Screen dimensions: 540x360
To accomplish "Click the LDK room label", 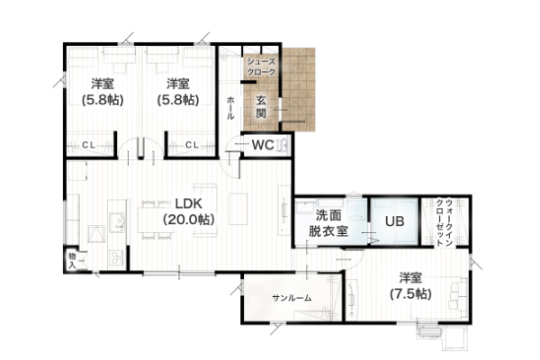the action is click(x=188, y=203).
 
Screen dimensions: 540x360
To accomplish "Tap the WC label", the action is click(x=263, y=145).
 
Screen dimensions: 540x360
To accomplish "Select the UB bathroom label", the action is click(x=395, y=221).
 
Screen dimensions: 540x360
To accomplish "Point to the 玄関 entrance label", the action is click(x=261, y=106).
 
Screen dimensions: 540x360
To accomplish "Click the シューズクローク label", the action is click(x=261, y=67).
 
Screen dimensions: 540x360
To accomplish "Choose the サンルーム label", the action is click(x=292, y=298).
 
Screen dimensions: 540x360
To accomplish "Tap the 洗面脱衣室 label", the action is click(x=328, y=223).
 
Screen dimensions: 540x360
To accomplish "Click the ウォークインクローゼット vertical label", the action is click(x=445, y=222).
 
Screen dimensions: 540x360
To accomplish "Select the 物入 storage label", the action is click(x=72, y=261).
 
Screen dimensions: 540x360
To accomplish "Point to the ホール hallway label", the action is click(x=230, y=108).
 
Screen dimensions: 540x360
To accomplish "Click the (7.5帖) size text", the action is click(x=410, y=294).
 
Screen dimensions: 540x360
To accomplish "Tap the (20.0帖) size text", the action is click(x=188, y=219).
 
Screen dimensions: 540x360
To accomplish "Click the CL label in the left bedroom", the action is click(x=88, y=146).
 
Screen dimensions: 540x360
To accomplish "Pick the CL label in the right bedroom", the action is click(x=193, y=146).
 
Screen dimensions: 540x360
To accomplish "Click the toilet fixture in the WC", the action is click(x=283, y=145).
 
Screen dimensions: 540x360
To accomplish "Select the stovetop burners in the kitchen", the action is click(x=116, y=258).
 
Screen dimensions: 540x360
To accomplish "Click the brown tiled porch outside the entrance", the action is click(x=298, y=89).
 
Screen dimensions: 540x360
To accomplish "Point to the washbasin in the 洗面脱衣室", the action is click(x=355, y=210).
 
